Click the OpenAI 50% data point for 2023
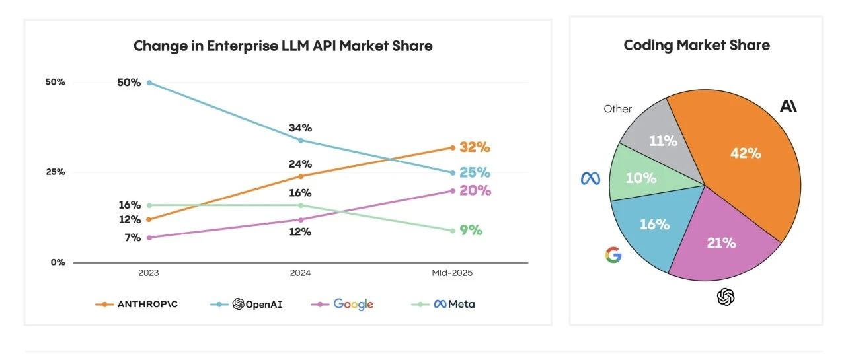click(x=149, y=83)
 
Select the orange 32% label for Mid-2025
click(x=475, y=147)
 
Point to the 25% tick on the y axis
click(x=56, y=172)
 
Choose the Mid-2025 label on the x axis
click(x=452, y=273)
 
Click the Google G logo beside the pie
click(x=613, y=255)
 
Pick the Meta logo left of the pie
click(x=590, y=178)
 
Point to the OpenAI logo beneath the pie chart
click(x=726, y=297)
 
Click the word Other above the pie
click(x=617, y=109)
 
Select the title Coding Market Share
click(x=697, y=45)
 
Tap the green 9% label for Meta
click(x=471, y=231)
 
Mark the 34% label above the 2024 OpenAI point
click(x=300, y=127)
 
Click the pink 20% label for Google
click(x=475, y=190)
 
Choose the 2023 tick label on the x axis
click(x=149, y=273)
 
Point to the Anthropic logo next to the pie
click(x=788, y=106)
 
